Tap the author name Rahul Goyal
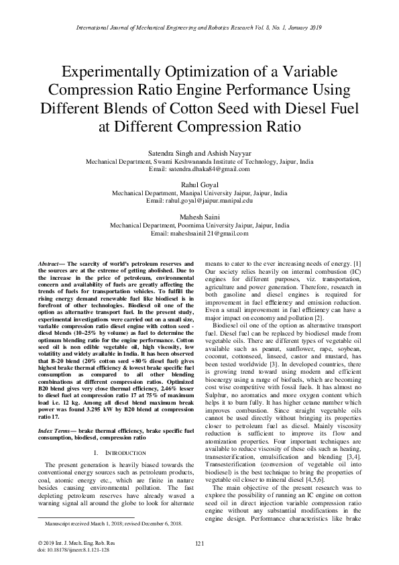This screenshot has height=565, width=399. [198, 184]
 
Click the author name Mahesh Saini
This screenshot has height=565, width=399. [199, 217]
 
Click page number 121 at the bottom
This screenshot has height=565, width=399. [198, 543]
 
